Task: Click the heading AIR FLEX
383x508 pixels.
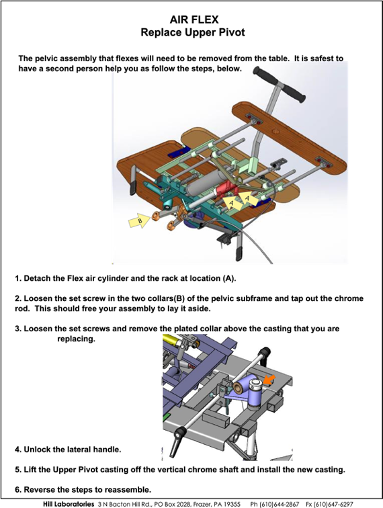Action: (x=194, y=19)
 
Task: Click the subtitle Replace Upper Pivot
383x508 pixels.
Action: (x=193, y=32)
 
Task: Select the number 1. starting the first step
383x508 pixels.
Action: (x=18, y=278)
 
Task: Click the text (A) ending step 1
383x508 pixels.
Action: (x=229, y=279)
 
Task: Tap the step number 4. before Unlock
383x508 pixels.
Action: (x=18, y=450)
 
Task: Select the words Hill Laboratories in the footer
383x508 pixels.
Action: (x=69, y=505)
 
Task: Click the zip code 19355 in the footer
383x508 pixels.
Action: (x=231, y=505)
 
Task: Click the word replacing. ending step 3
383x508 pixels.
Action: (x=76, y=339)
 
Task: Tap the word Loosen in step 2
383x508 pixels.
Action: (x=37, y=298)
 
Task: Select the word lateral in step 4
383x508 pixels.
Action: (x=79, y=450)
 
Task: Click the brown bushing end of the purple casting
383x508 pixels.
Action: (x=239, y=386)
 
